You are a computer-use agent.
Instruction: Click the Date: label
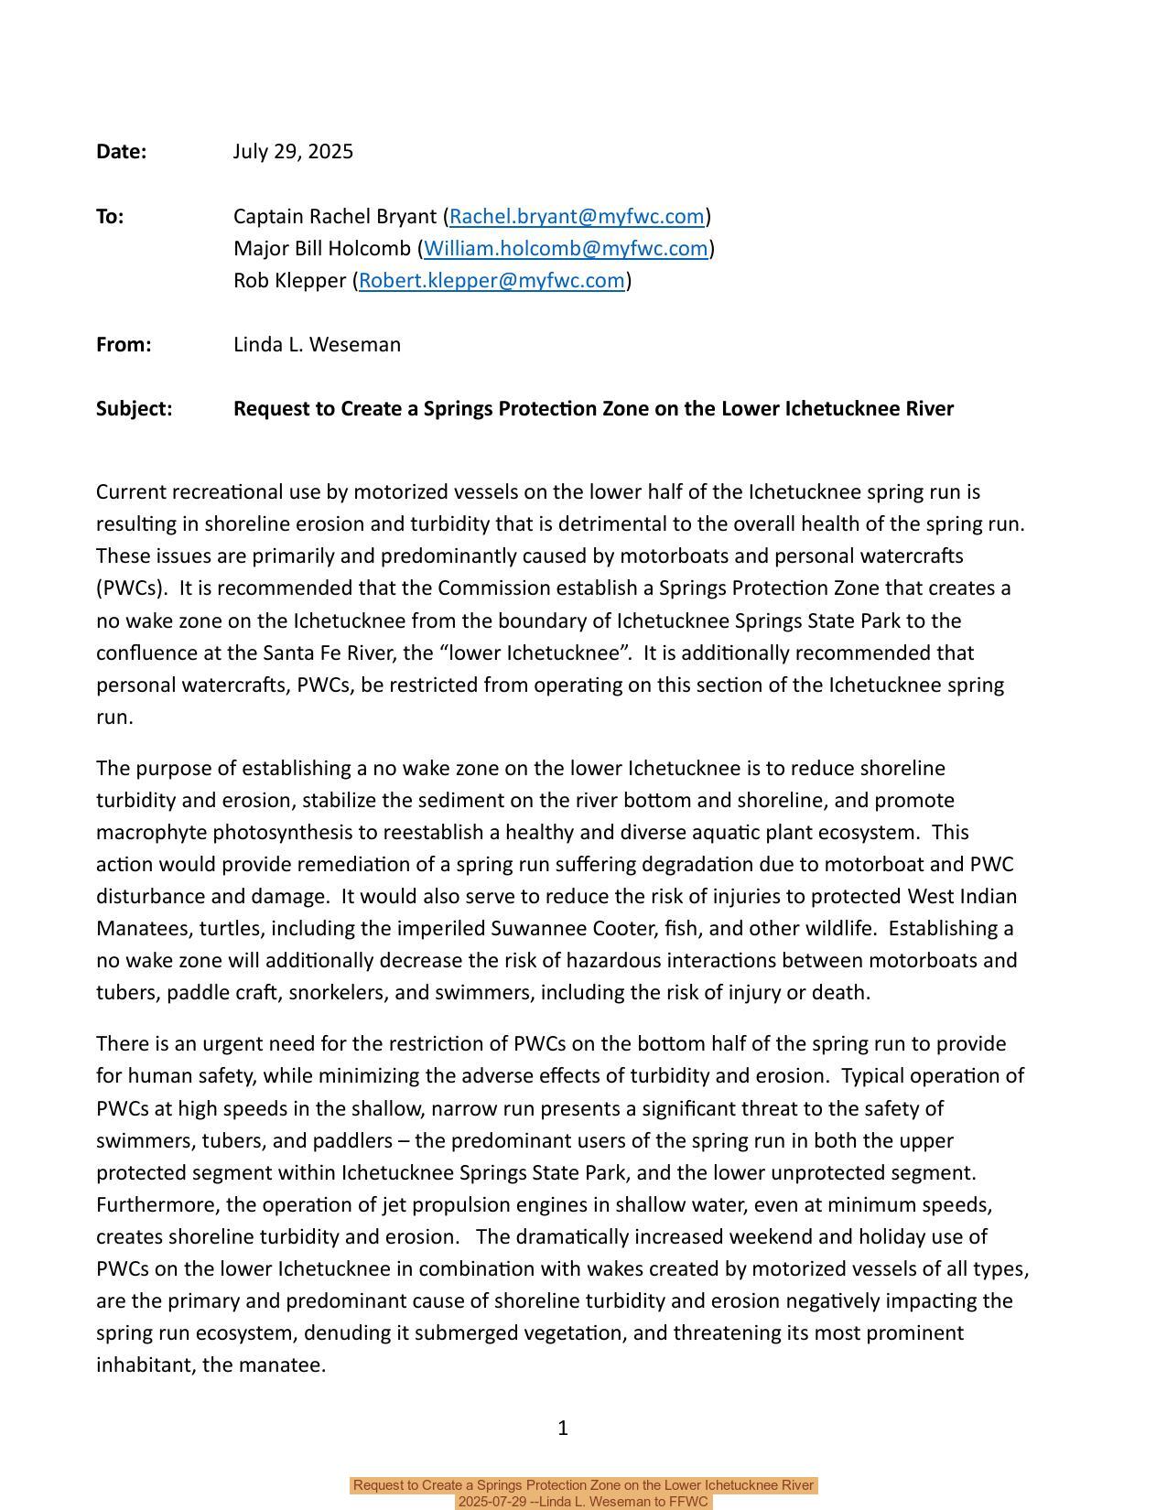point(121,152)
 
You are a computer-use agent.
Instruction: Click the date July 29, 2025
point(293,152)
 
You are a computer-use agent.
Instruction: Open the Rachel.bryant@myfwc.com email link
point(577,217)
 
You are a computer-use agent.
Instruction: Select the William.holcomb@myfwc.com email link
point(566,249)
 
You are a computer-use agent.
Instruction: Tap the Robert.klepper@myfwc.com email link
point(492,281)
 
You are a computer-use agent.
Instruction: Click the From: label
point(124,345)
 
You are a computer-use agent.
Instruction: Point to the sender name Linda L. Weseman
point(317,345)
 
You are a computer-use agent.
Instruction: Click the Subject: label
point(134,409)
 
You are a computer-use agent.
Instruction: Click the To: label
point(110,217)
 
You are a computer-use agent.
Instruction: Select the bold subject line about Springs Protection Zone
point(593,409)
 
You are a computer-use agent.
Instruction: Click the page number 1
point(563,1428)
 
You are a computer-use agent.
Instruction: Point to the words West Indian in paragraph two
point(962,897)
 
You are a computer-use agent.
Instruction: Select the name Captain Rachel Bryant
point(335,217)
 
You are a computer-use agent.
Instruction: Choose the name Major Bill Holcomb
point(322,249)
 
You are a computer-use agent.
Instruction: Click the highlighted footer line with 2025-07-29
point(583,1502)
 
